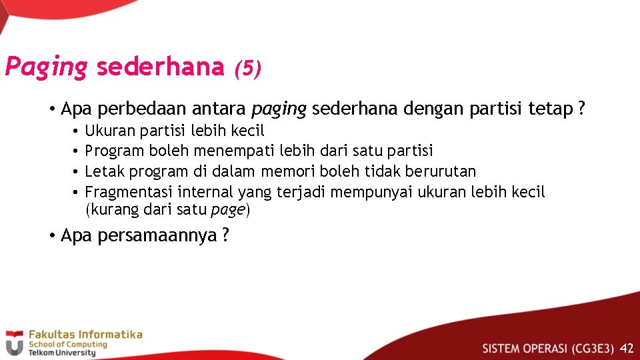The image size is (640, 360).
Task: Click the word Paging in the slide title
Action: [x=46, y=67]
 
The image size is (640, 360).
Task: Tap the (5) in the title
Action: [x=247, y=68]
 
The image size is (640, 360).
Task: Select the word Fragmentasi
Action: [x=129, y=193]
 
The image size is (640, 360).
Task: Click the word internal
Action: [x=203, y=193]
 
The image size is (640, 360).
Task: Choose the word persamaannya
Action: [x=157, y=236]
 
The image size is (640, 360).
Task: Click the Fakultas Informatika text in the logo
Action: [x=85, y=335]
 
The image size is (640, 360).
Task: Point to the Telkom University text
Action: [x=61, y=353]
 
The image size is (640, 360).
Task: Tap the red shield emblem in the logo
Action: [x=14, y=343]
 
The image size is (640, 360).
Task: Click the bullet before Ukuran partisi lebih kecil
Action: [x=77, y=131]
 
